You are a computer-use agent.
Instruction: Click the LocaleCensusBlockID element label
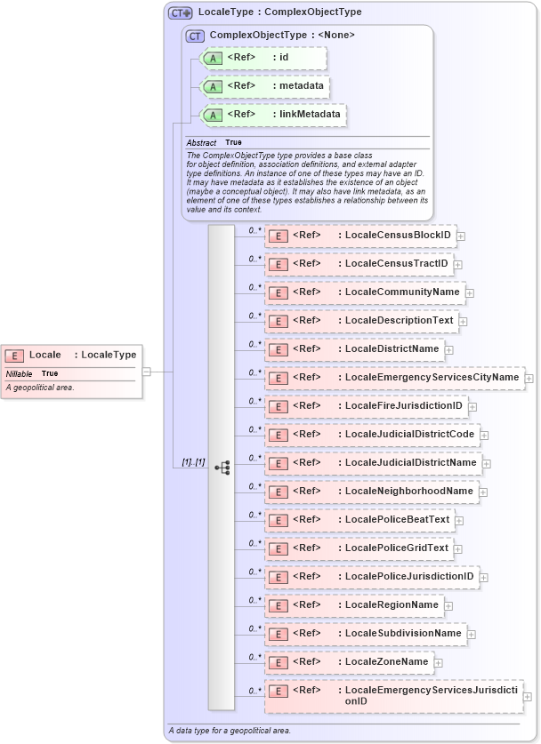pos(398,236)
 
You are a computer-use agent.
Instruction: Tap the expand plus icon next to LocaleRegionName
pos(448,607)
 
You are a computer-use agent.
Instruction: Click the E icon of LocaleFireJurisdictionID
pos(278,407)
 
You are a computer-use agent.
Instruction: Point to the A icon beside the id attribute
pos(213,59)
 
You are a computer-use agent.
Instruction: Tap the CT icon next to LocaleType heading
pos(181,12)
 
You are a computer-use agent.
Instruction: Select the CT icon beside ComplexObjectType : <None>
pos(195,36)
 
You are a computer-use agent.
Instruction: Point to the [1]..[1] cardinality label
pos(193,462)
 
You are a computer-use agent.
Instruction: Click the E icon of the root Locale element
pos(15,356)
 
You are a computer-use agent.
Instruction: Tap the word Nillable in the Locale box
pos(19,374)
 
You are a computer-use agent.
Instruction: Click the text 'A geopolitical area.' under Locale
pos(40,388)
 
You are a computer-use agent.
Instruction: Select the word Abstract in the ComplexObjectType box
pos(201,142)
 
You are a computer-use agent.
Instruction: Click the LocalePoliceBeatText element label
pos(397,520)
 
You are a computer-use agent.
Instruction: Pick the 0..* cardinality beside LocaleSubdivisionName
pos(254,628)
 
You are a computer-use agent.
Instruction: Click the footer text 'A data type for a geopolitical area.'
pos(230,731)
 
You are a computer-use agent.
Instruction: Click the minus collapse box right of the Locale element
pos(146,372)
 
